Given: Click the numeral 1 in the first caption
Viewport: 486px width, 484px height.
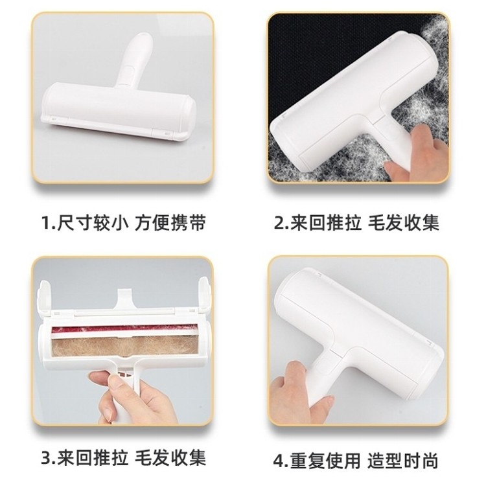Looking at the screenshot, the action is [46, 223].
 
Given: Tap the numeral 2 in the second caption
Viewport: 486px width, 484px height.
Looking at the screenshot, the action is [279, 223].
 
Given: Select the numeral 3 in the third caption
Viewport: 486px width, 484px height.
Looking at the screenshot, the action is [47, 457].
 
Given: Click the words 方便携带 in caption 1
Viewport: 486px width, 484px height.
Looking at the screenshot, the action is [170, 223].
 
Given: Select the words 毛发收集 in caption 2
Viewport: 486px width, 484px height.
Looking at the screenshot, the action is [404, 223].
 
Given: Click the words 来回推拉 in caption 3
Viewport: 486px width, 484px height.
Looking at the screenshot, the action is [93, 457].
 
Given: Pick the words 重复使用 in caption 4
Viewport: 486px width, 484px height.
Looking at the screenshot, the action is [325, 461].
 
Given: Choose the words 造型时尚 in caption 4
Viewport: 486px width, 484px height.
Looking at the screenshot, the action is [403, 461].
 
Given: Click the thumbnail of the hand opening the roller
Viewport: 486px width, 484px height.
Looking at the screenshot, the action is [122, 341].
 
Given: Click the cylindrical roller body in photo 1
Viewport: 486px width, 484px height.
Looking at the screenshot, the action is [118, 108].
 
